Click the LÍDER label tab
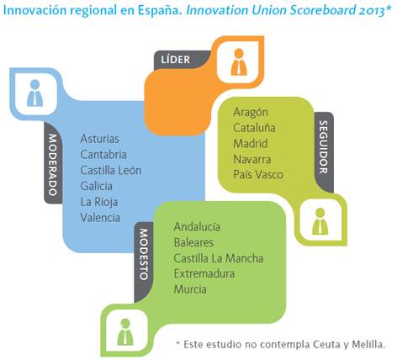[x=176, y=60]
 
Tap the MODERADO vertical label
[x=53, y=165]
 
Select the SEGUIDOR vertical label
[x=324, y=147]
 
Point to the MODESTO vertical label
[x=144, y=254]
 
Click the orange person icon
[x=239, y=62]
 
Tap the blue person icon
[x=34, y=93]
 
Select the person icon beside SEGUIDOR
[x=320, y=221]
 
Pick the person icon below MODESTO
[x=125, y=332]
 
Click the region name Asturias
[x=99, y=139]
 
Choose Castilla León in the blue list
[x=111, y=171]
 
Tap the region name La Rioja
[x=99, y=202]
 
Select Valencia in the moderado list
[x=100, y=218]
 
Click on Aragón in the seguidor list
[x=251, y=113]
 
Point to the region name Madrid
[x=251, y=144]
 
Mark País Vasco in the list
[x=258, y=175]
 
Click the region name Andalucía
[x=197, y=227]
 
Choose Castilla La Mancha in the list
[x=219, y=258]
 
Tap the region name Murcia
[x=190, y=289]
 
